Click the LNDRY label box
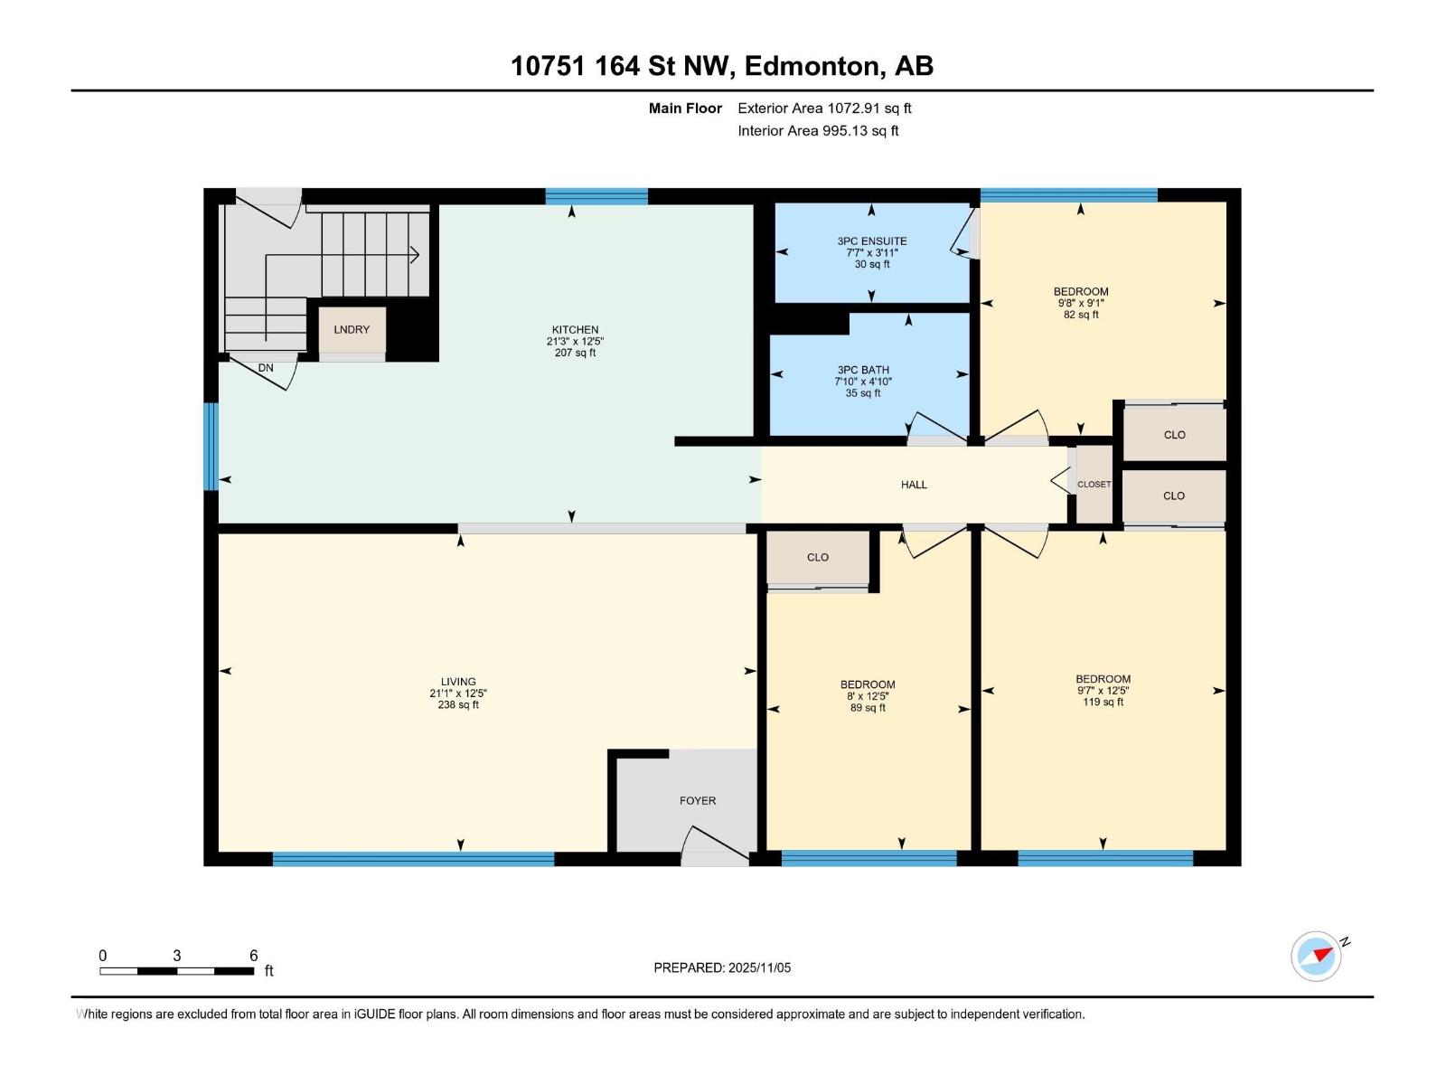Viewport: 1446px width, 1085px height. pyautogui.click(x=352, y=330)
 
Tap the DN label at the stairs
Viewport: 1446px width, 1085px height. pyautogui.click(x=266, y=368)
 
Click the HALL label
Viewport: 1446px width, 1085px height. pyautogui.click(x=914, y=485)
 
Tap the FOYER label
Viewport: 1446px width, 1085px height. pyautogui.click(x=697, y=800)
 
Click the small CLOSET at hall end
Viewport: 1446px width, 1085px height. pyautogui.click(x=1094, y=484)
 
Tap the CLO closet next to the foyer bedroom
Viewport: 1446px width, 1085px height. pyautogui.click(x=817, y=557)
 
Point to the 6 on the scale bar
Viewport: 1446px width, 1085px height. pyautogui.click(x=254, y=956)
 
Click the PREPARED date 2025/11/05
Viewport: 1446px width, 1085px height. pyautogui.click(x=722, y=967)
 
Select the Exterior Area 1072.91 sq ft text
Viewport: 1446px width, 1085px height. pyautogui.click(x=824, y=108)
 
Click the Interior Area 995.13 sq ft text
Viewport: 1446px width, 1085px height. pyautogui.click(x=818, y=131)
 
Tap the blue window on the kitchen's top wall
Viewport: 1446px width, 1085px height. pyautogui.click(x=596, y=196)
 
